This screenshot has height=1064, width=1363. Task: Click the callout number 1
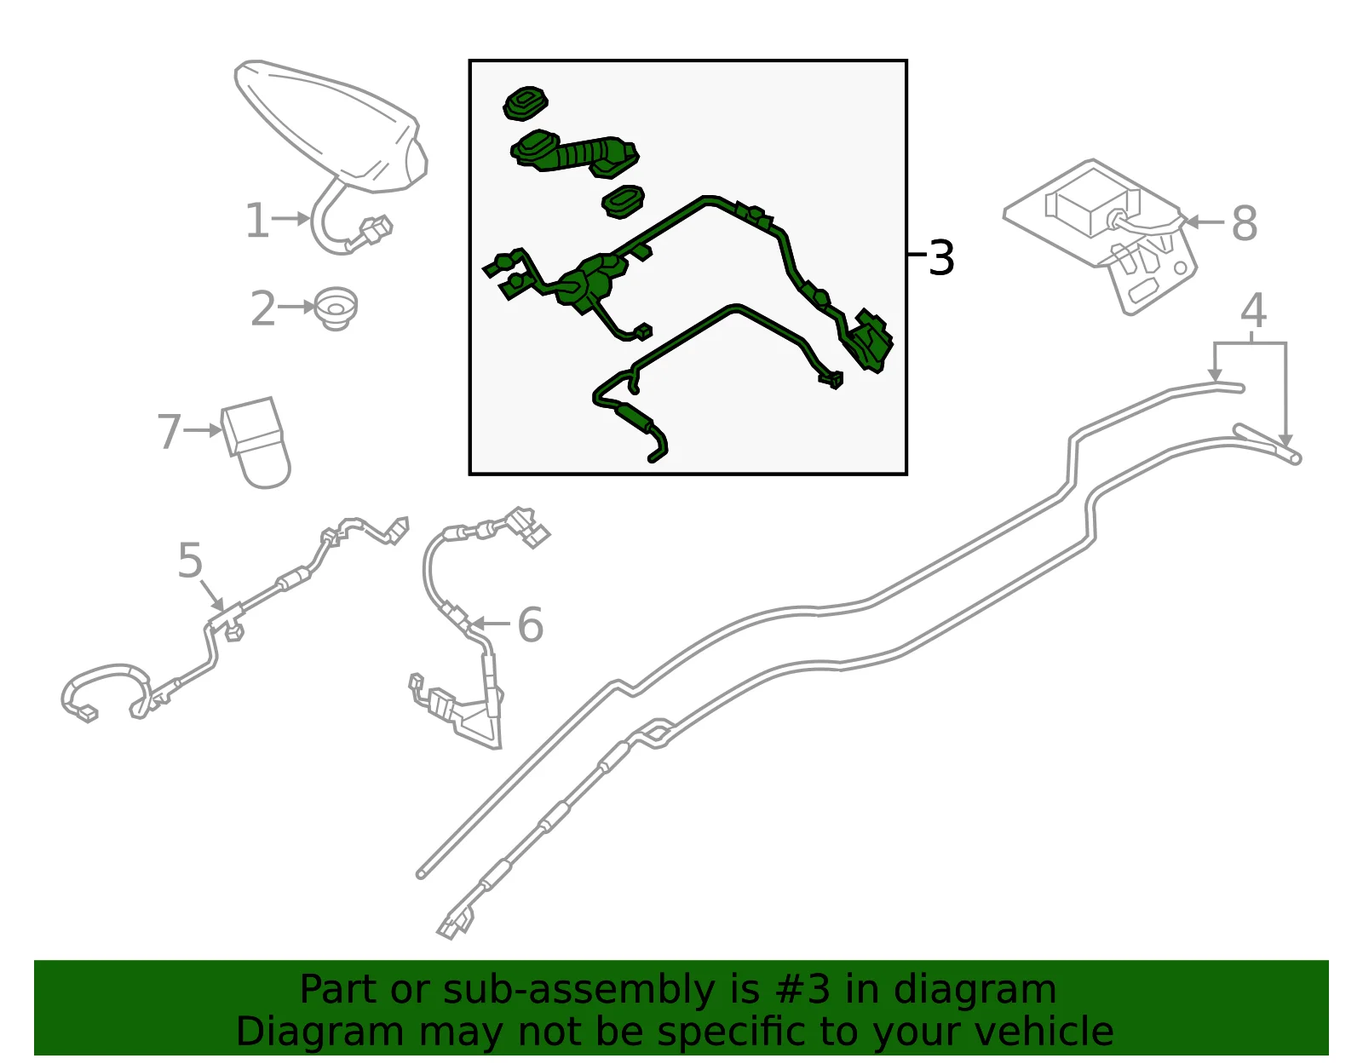257,221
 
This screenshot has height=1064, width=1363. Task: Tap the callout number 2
263,308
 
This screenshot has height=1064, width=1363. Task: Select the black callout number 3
940,257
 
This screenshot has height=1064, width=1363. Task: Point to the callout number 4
1253,311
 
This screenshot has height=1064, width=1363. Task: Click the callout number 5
190,560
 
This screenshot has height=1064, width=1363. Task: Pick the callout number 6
531,625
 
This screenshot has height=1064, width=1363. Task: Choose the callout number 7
170,431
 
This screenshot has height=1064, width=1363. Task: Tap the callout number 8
1245,223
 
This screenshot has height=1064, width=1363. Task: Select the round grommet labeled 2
336,308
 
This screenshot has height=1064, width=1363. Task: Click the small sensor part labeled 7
256,442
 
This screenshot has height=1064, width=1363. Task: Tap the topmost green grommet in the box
525,103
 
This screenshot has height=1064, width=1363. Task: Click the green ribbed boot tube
574,153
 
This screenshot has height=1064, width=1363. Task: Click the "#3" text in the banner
802,989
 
